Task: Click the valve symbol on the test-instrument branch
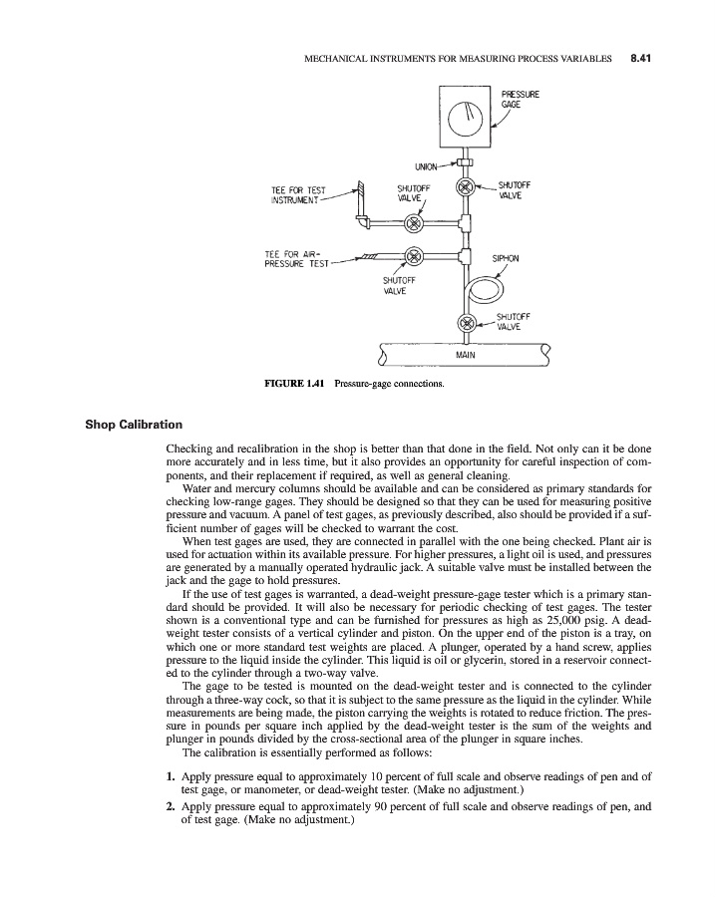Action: (x=414, y=221)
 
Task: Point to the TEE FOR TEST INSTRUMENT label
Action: (x=298, y=196)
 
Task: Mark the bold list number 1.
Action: (x=171, y=773)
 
